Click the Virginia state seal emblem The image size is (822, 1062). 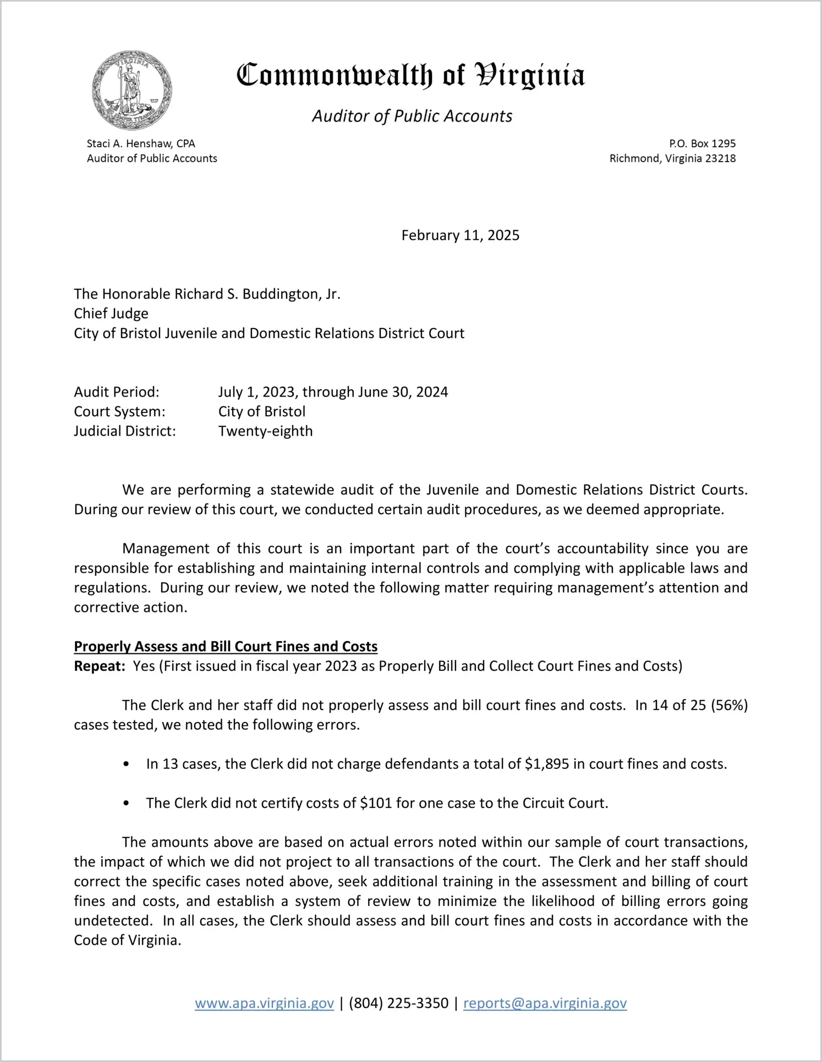132,90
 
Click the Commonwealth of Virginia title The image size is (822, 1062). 410,75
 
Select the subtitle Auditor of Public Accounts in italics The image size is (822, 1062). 412,116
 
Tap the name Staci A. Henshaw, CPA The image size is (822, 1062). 141,144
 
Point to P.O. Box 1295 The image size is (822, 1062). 702,144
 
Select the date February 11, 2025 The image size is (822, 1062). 460,235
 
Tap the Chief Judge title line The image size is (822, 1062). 111,313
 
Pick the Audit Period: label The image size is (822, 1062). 117,392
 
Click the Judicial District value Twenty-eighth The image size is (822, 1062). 265,431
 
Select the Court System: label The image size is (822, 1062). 119,411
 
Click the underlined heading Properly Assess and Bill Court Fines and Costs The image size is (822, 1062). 226,646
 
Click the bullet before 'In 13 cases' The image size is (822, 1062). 127,764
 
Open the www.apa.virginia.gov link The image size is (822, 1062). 264,1003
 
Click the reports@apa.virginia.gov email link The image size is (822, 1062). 545,1003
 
